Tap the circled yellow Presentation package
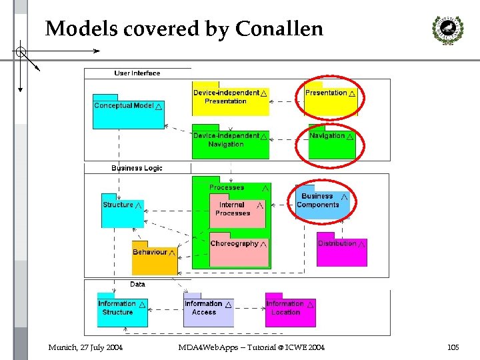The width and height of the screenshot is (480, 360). [x=331, y=99]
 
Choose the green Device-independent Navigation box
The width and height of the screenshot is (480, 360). [x=230, y=141]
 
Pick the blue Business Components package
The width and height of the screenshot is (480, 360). [x=323, y=201]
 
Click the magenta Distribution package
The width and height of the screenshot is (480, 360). [x=341, y=249]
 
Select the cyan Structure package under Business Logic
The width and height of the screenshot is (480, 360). [x=123, y=209]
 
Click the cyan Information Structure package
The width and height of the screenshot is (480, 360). [x=122, y=311]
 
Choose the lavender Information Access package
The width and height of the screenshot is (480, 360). [x=208, y=311]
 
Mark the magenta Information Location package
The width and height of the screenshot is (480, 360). [x=290, y=311]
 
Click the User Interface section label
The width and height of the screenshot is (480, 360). [x=137, y=73]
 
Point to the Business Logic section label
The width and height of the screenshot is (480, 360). [x=137, y=168]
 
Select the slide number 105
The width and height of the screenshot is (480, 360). [x=453, y=347]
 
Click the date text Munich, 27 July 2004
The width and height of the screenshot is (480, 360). [x=85, y=347]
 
